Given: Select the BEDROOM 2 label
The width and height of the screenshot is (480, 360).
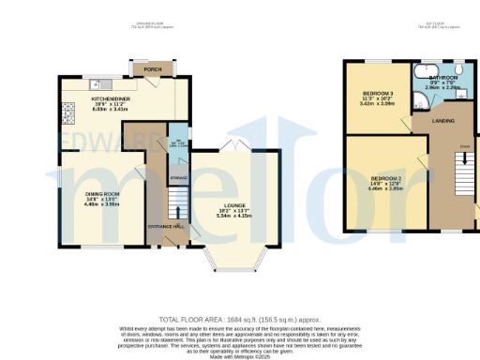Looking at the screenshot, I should [x=385, y=178].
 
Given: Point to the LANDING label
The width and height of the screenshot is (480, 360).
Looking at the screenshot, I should [x=442, y=121].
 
